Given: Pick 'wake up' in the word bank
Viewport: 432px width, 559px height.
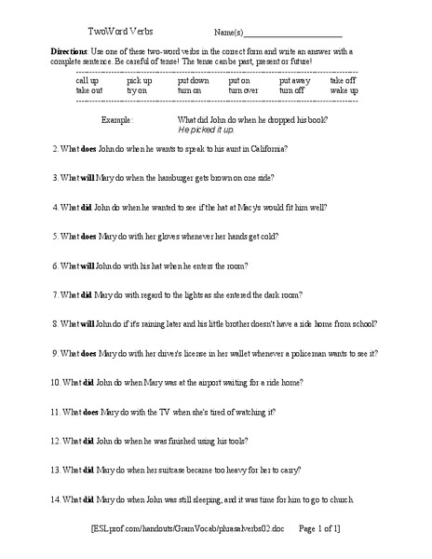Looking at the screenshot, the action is click(344, 90).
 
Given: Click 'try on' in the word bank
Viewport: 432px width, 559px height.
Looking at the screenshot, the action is click(138, 90).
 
